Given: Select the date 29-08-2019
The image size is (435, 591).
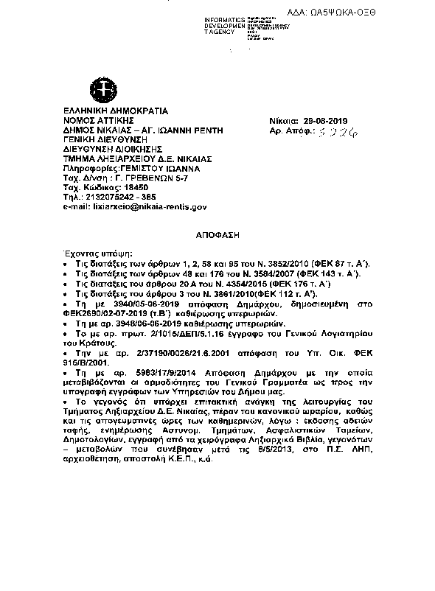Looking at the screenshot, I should coord(330,121).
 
